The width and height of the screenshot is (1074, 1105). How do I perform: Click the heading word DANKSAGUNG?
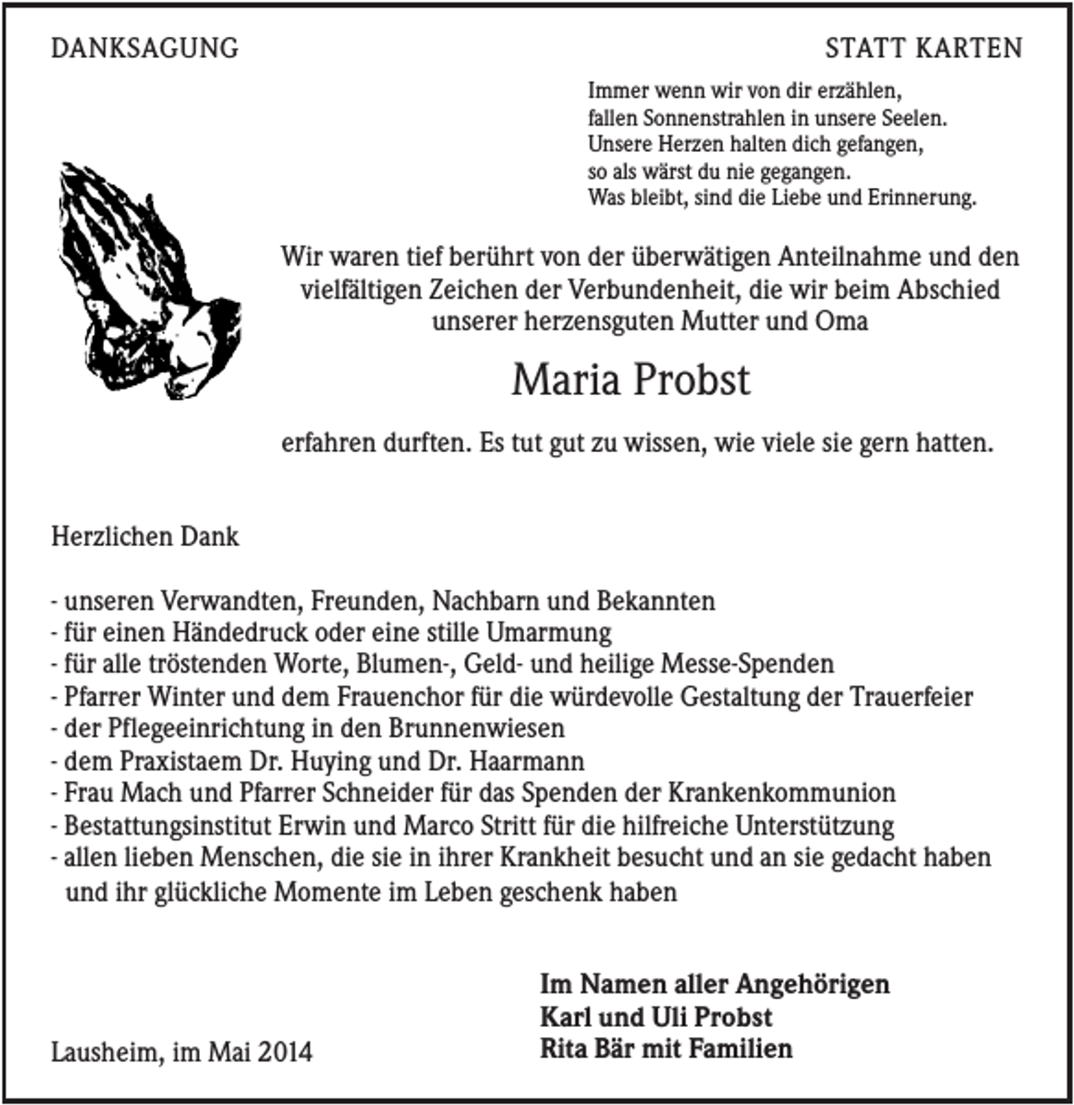click(144, 48)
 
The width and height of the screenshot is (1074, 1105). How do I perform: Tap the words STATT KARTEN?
click(923, 48)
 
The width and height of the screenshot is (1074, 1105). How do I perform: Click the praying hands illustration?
click(146, 281)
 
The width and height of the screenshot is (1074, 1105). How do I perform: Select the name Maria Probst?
click(630, 380)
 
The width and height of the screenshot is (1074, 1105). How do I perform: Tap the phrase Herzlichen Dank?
click(145, 536)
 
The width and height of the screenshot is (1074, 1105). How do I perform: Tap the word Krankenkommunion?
click(781, 793)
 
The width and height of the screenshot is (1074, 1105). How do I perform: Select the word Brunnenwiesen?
click(477, 728)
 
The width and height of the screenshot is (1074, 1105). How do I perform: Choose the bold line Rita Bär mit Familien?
click(666, 1049)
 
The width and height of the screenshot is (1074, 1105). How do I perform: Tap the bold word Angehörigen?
click(812, 983)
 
